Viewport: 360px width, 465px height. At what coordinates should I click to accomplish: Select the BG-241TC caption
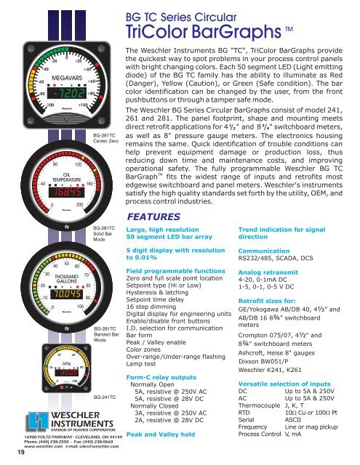point(105,398)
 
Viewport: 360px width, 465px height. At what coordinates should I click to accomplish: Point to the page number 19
point(7,453)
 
